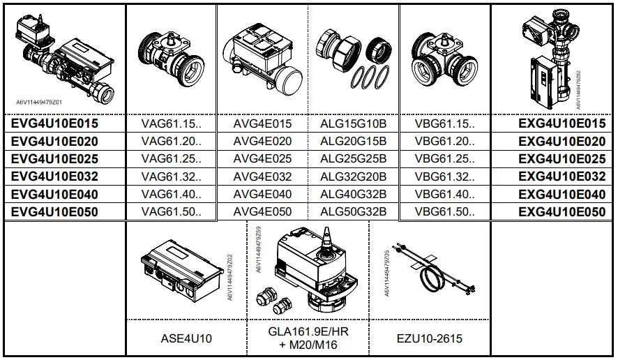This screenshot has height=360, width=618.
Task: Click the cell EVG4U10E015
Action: [x=54, y=123]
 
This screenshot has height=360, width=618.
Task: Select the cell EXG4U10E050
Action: [x=562, y=211]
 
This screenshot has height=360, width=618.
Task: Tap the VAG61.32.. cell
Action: [x=171, y=177]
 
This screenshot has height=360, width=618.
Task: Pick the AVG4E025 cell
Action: [x=262, y=159]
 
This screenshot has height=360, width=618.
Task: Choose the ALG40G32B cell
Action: [x=353, y=194]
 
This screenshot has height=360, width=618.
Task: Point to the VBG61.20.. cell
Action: [x=444, y=141]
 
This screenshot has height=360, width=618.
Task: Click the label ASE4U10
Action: [x=186, y=339]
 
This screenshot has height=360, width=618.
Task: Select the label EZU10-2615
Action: [x=429, y=339]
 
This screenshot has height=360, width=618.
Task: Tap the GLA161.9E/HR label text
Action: [x=308, y=332]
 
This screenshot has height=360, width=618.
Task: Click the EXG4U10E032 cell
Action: [x=562, y=177]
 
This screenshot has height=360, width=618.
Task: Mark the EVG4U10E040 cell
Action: [x=54, y=194]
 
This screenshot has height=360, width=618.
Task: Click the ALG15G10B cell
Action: [x=353, y=123]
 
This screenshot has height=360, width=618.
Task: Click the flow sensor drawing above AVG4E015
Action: [x=262, y=58]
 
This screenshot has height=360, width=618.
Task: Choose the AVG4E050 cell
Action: [x=262, y=211]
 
